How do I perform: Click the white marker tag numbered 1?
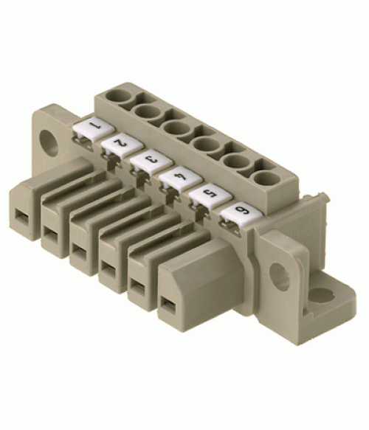(x=94, y=129)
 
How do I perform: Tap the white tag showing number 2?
(x=122, y=145)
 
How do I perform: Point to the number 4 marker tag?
(x=181, y=178)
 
